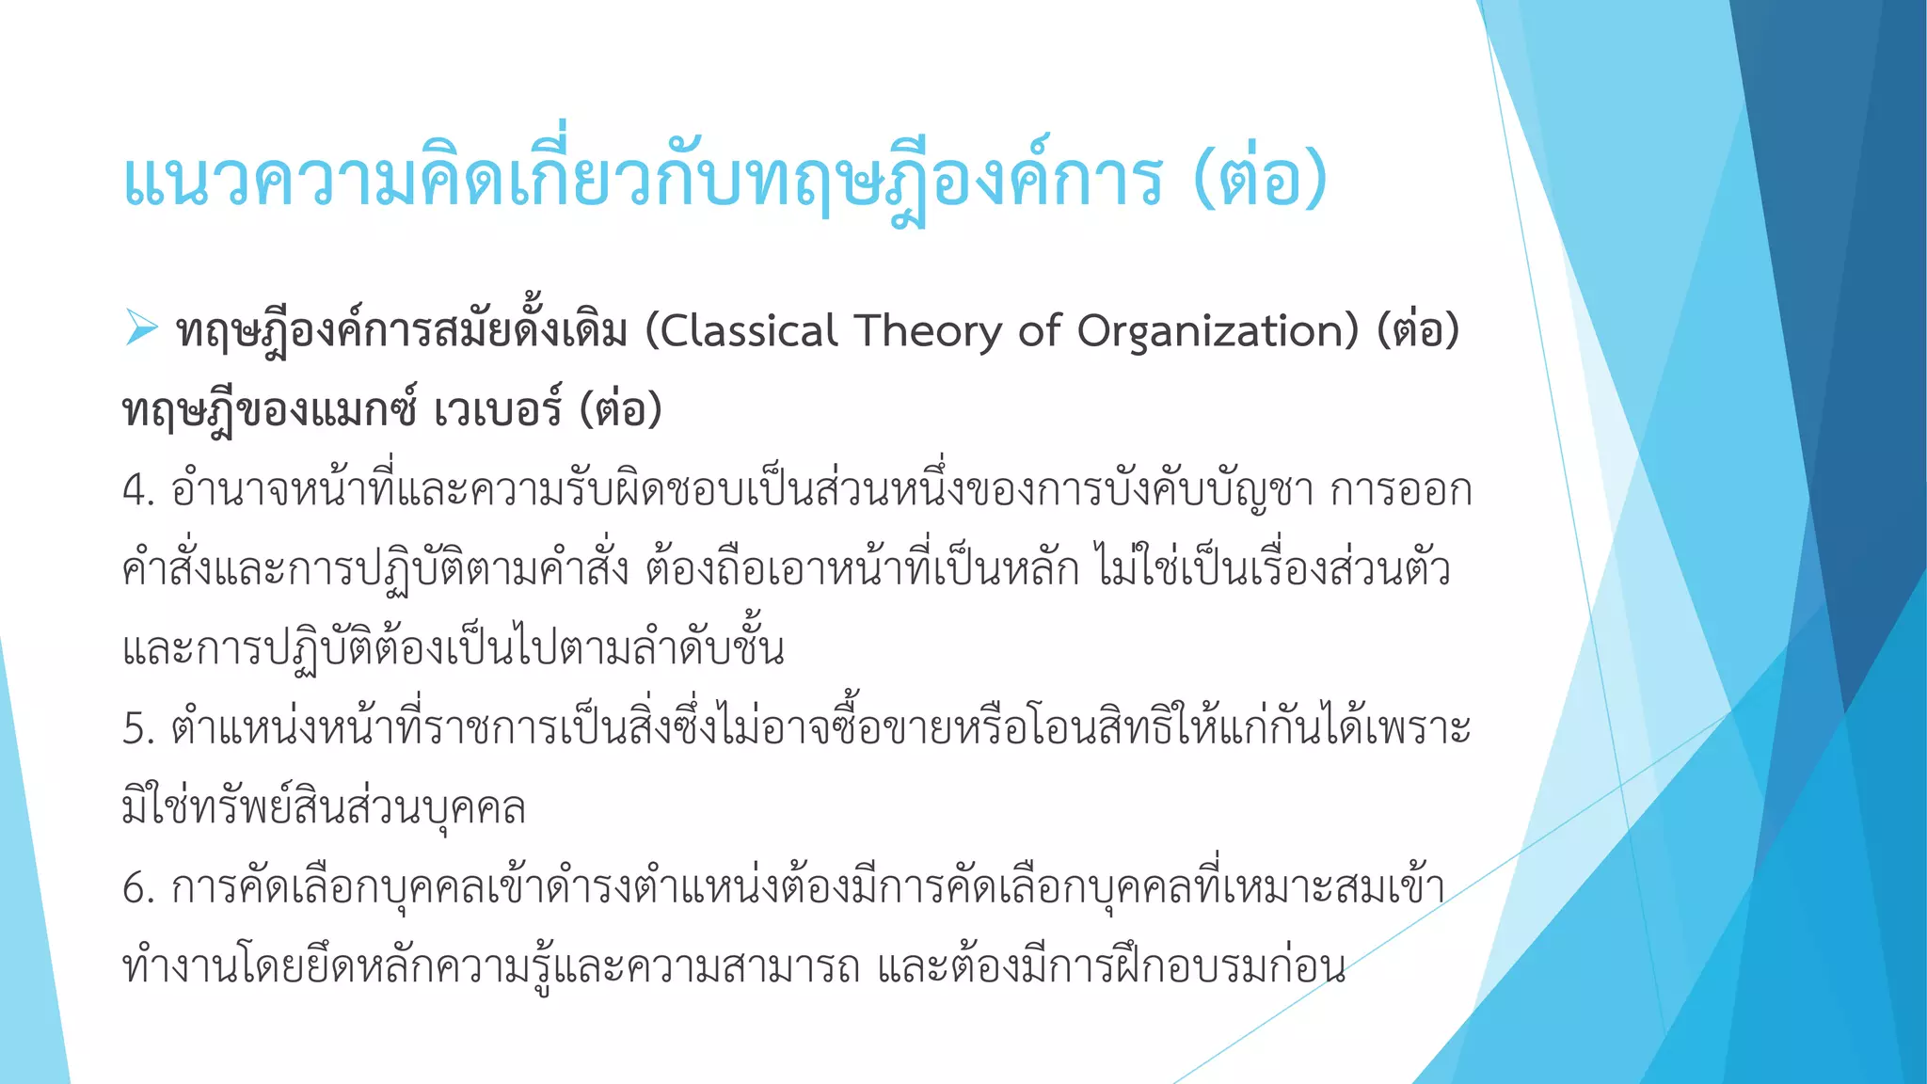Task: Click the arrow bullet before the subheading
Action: click(141, 328)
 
